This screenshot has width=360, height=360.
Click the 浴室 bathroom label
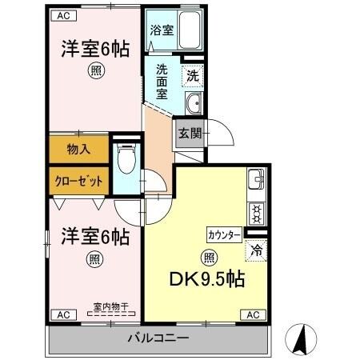click(x=162, y=31)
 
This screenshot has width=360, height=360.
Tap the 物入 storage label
click(x=78, y=148)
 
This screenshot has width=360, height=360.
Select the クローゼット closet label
click(x=78, y=180)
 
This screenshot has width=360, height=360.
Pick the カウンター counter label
click(x=224, y=235)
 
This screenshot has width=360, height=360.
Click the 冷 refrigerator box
click(x=255, y=250)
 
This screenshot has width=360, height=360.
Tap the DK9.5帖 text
click(x=206, y=280)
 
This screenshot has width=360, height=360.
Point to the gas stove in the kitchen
click(x=257, y=212)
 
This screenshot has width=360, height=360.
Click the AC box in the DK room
click(x=250, y=315)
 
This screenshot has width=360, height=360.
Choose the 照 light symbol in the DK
click(x=208, y=258)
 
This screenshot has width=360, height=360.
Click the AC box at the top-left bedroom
click(x=65, y=16)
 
